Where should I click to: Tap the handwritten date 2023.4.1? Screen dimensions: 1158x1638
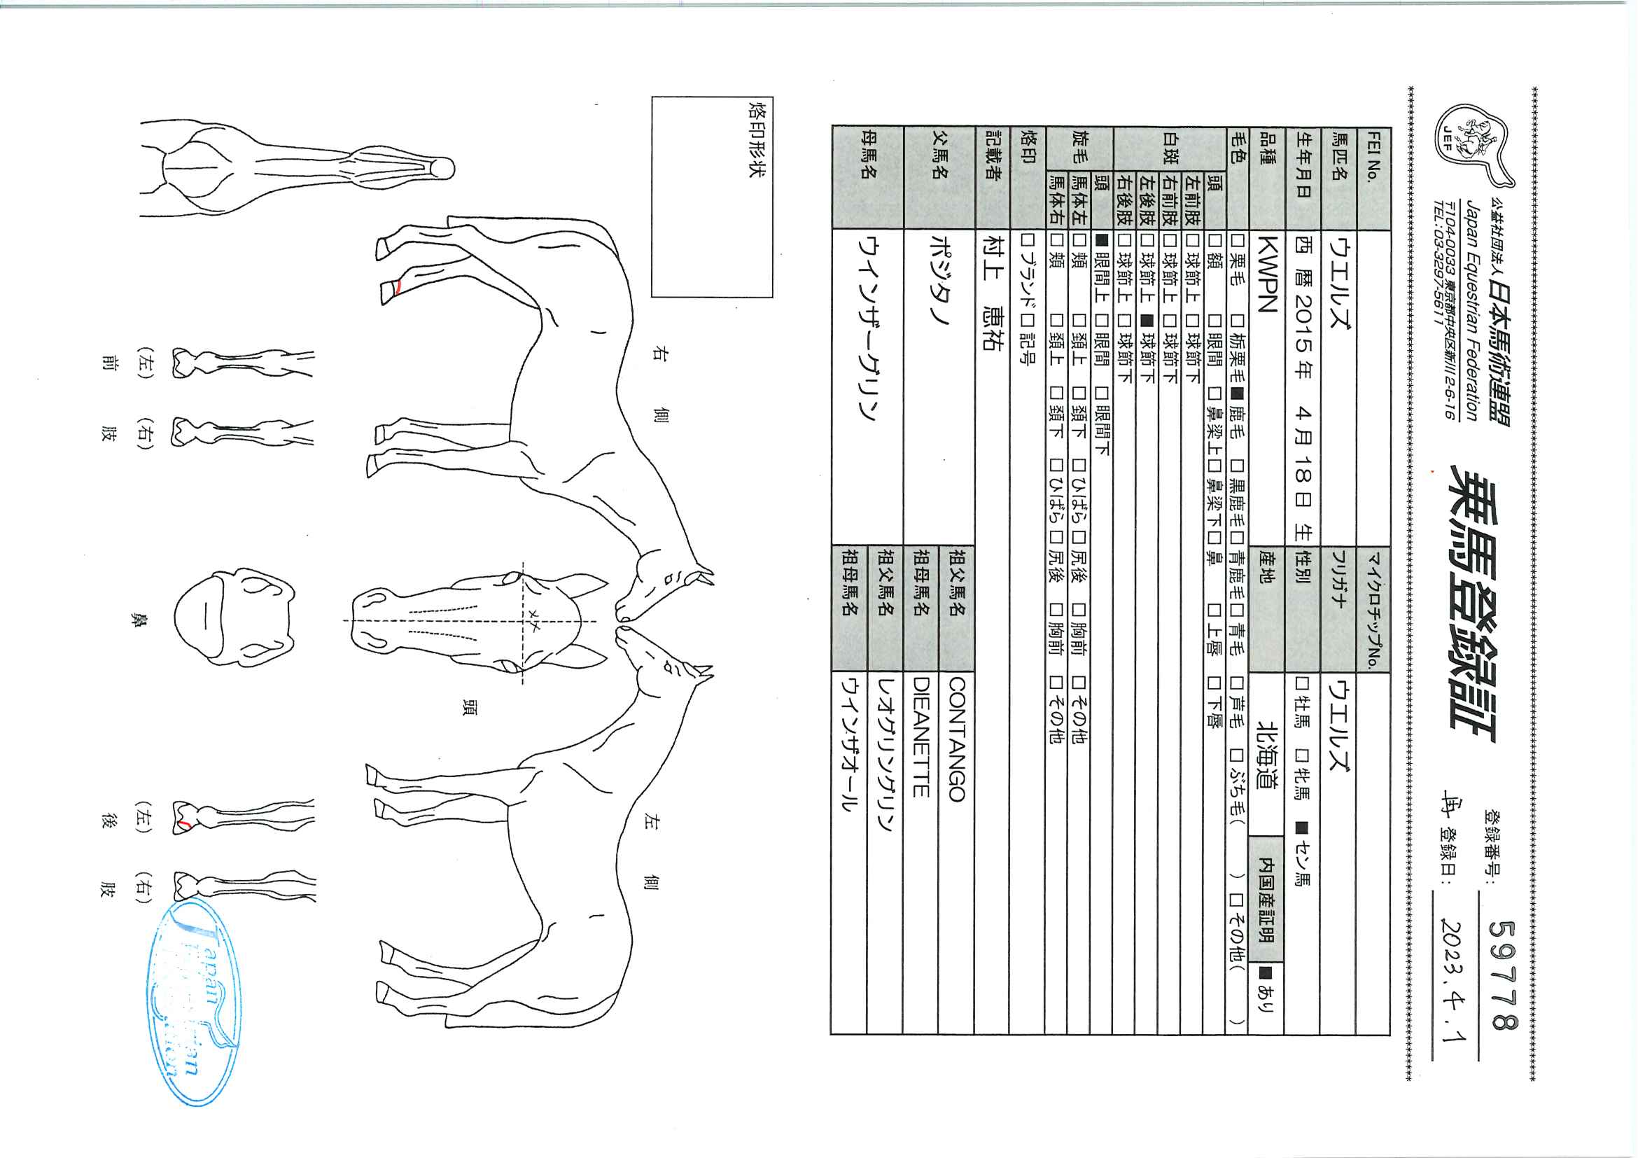(1453, 979)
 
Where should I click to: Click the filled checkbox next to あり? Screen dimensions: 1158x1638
(1266, 972)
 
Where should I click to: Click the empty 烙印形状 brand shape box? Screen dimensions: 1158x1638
(711, 197)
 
